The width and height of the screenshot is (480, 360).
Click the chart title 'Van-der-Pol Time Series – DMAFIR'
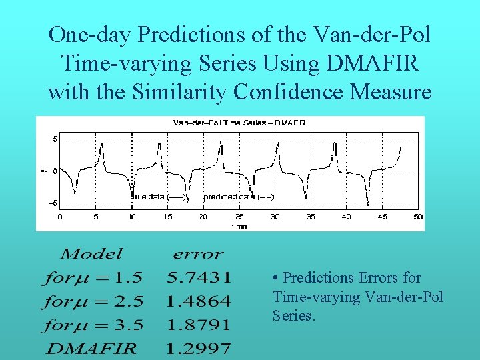229,123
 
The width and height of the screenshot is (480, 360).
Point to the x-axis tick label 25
239,217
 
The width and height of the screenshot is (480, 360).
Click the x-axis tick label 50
418,217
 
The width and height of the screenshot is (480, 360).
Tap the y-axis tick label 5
55,139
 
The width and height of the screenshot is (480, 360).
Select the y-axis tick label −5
53,203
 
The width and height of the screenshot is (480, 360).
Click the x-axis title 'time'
239,227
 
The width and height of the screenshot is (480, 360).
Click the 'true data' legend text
157,197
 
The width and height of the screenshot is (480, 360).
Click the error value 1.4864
199,301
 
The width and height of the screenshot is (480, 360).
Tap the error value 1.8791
199,325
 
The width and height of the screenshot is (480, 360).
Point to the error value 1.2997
199,348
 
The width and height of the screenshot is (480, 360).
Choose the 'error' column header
198,253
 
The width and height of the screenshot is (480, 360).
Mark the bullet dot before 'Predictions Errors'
276,278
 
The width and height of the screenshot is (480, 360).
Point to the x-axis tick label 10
131,217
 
